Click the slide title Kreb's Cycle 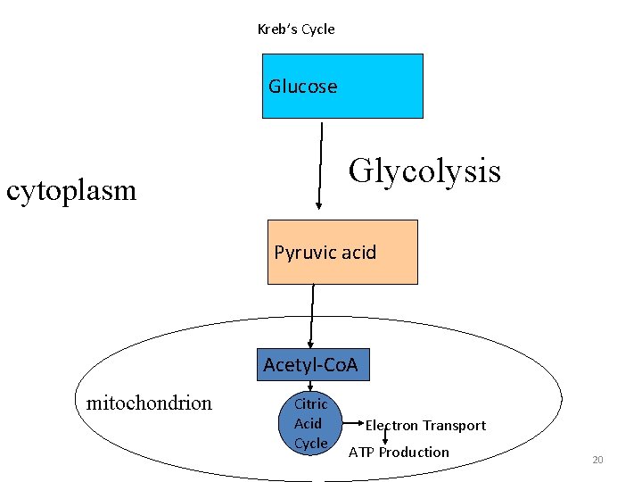tap(296, 29)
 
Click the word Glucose tap(303, 87)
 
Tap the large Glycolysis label tap(424, 170)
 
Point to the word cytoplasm tap(71, 190)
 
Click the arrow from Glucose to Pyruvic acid tap(318, 165)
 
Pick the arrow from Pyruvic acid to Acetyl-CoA tap(312, 315)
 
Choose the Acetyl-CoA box tap(312, 365)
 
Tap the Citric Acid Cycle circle tap(311, 424)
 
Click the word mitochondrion tap(149, 403)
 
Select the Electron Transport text tap(425, 426)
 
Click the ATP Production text tap(399, 453)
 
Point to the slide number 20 tap(597, 460)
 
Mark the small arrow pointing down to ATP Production tap(385, 436)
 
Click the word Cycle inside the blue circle tap(311, 444)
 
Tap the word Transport tap(454, 426)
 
